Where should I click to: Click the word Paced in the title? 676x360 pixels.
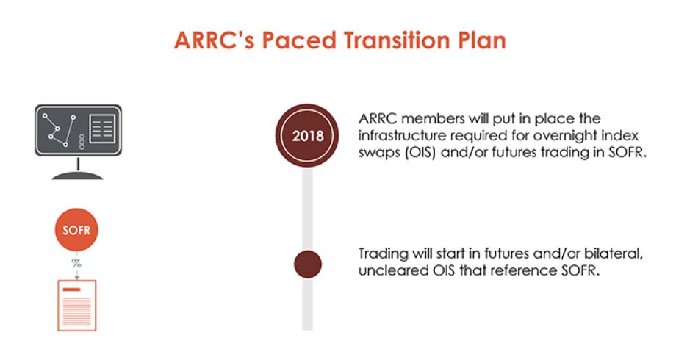coord(299,40)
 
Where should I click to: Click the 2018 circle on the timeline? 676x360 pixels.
coord(307,135)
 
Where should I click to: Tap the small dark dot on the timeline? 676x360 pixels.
coord(308,264)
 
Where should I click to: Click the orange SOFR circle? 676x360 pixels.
coord(76,230)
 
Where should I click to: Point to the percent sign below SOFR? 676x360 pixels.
coord(76,262)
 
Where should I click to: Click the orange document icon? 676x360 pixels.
coord(77,306)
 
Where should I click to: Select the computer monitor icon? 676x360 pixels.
coord(78,141)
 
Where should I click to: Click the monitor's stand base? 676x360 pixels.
coord(78,176)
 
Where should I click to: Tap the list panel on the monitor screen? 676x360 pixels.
coord(102,129)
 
